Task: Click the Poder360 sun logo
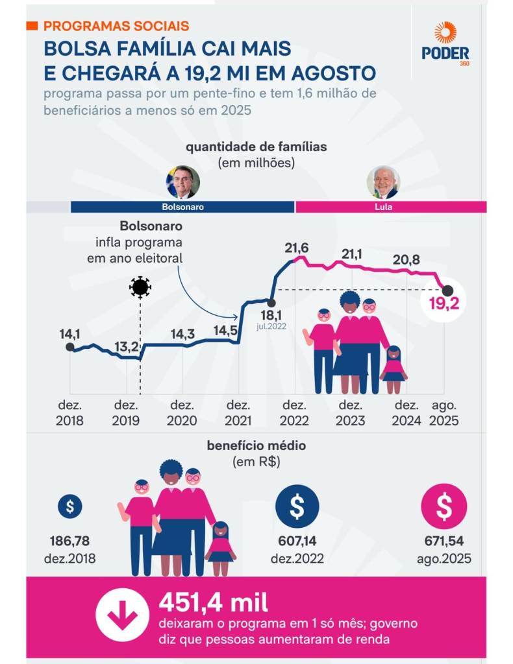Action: coord(445,32)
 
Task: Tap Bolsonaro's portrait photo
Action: coord(182,182)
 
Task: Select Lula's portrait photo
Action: coord(383,182)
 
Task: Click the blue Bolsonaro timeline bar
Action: coord(182,207)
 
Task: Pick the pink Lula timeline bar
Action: coord(390,207)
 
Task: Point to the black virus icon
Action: coord(140,287)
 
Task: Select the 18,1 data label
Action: coord(270,316)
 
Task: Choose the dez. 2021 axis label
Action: coord(238,412)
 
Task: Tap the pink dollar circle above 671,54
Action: coord(444,508)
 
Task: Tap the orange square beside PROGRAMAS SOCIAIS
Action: coord(32,26)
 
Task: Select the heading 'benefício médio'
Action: coord(256,446)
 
